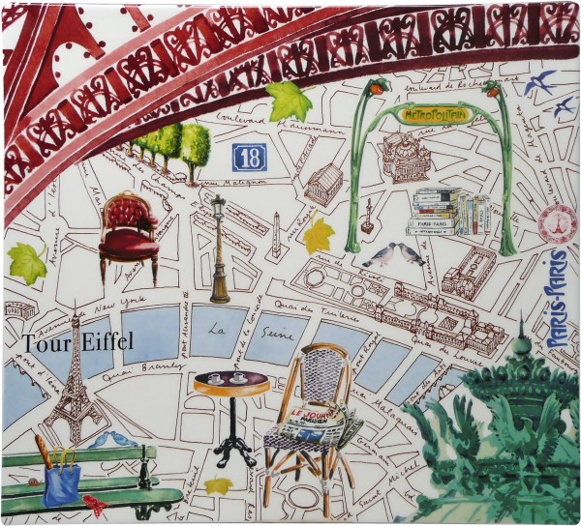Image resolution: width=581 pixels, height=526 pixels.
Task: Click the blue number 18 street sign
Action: (249, 158)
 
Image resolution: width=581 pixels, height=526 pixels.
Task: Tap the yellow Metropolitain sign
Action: (433, 115)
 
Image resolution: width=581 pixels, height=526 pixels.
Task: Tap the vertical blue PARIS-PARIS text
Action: (558, 299)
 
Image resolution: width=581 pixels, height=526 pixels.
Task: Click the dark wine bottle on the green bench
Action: (145, 468)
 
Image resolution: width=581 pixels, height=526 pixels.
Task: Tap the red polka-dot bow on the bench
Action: (95, 504)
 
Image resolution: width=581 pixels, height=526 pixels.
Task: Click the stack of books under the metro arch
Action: (447, 211)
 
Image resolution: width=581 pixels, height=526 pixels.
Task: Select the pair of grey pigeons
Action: (395, 254)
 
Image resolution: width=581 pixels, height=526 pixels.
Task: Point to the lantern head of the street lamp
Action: (218, 207)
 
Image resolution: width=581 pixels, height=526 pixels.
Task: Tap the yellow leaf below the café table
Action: (219, 485)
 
